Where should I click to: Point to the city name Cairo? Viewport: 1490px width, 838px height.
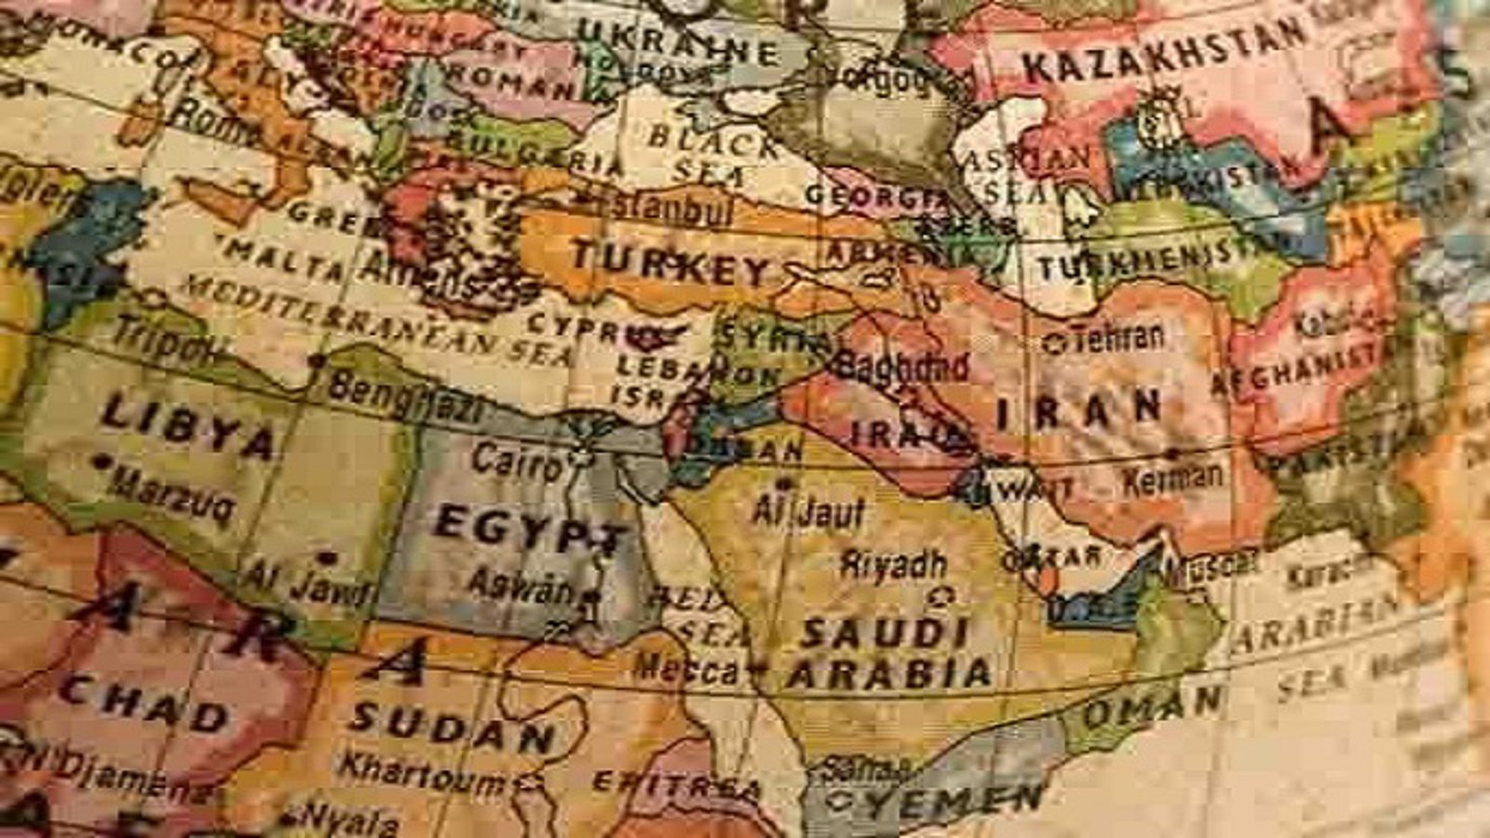(516, 460)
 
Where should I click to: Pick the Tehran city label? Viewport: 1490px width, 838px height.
(1117, 337)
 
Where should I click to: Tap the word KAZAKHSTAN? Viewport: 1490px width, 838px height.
(1164, 51)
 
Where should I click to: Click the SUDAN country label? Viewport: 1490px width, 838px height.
(454, 729)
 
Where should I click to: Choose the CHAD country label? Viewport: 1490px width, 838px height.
(143, 702)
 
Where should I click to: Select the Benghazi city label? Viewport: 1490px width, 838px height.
(407, 397)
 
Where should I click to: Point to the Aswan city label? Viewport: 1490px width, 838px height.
(521, 585)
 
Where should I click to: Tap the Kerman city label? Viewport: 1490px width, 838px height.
(1172, 479)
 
